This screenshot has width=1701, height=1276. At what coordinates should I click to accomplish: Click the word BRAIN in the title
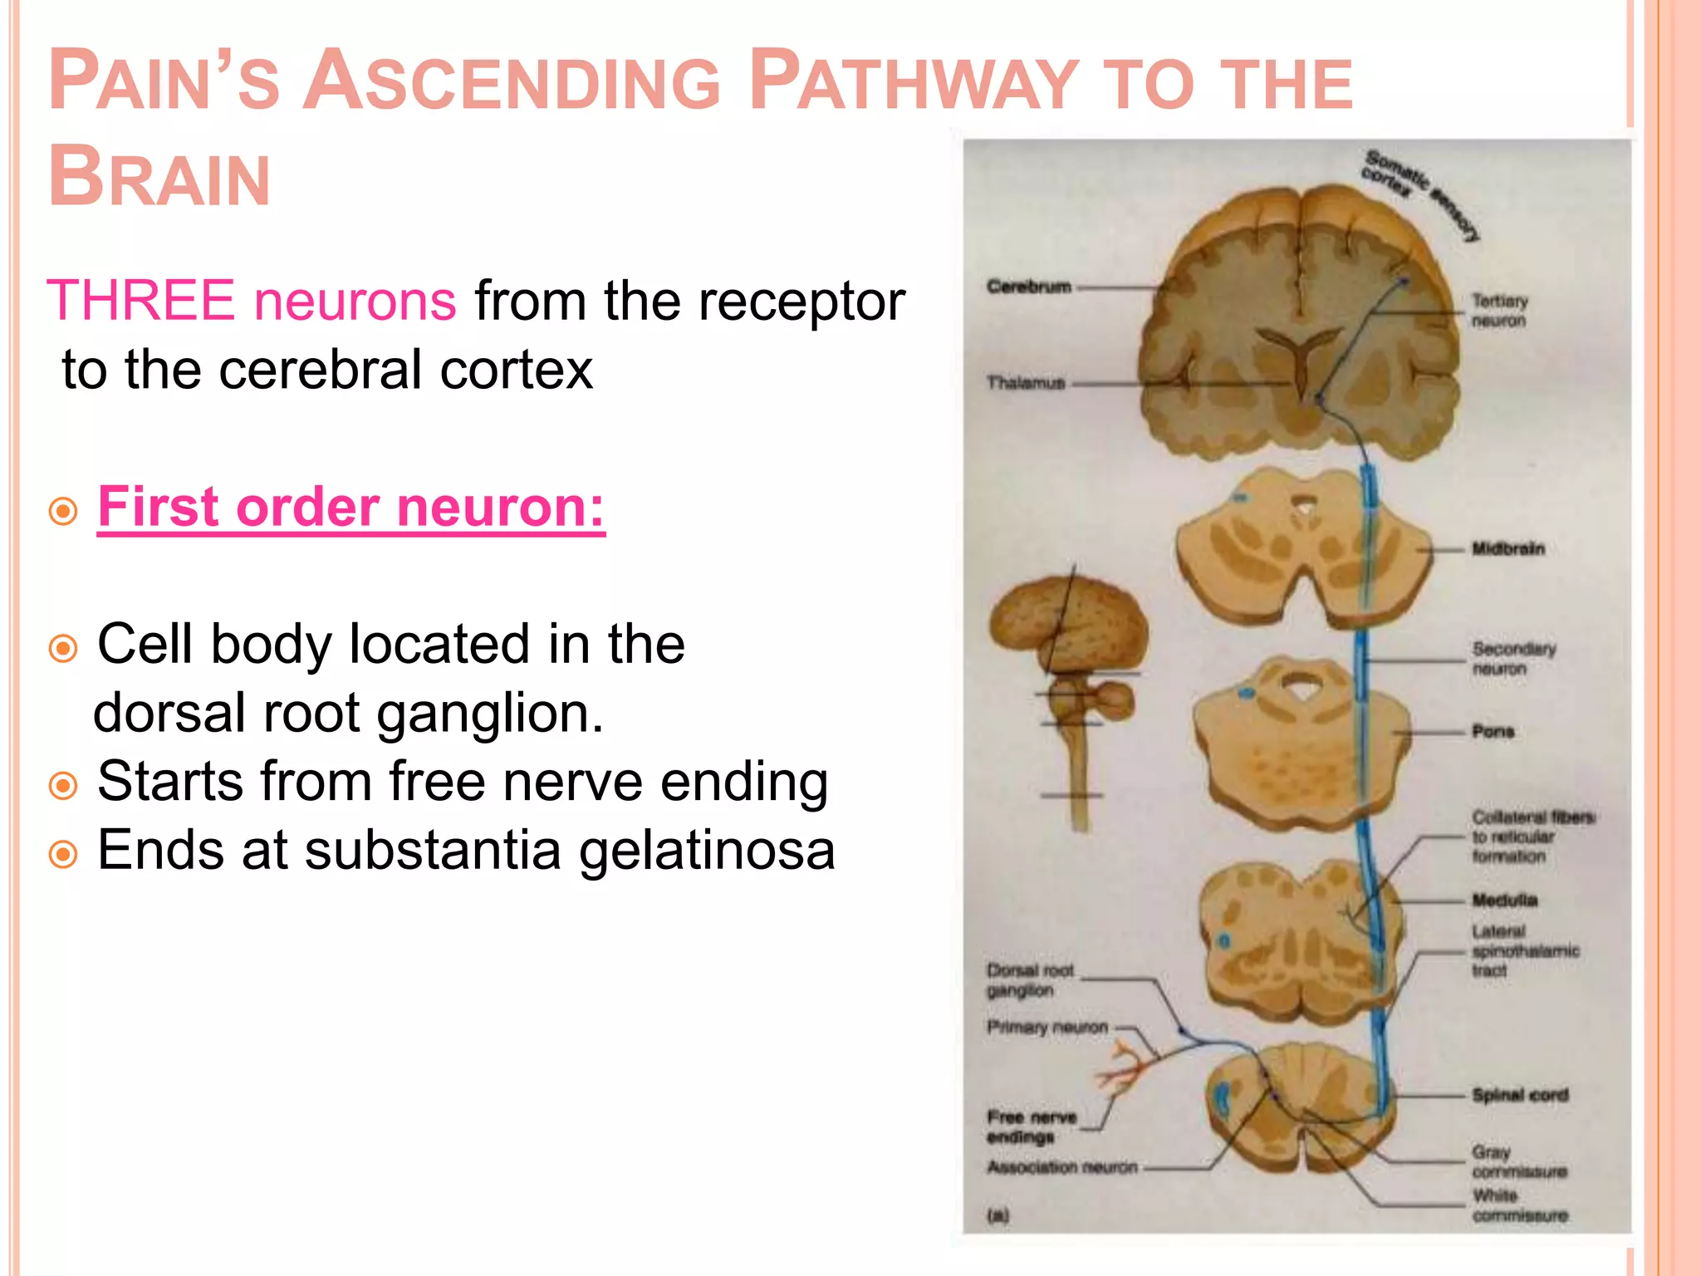point(159,177)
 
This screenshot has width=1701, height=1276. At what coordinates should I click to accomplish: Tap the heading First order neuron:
point(350,507)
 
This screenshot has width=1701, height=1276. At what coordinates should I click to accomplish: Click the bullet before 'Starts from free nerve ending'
point(63,785)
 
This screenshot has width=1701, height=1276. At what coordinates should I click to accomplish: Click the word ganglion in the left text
point(489,714)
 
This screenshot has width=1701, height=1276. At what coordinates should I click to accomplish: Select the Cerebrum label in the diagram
point(1028,287)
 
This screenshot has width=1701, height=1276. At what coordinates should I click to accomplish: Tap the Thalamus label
point(1026,383)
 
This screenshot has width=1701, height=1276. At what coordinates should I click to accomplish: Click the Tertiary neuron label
point(1499,311)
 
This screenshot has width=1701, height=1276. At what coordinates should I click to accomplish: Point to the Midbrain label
point(1507,549)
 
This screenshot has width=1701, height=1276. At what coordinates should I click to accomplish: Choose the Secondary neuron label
point(1513,658)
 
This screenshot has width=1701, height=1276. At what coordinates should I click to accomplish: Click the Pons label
point(1493,732)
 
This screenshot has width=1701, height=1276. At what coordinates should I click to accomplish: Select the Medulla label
point(1504,901)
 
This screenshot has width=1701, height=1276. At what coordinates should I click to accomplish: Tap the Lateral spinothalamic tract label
point(1524,950)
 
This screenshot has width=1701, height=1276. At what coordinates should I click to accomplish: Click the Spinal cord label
point(1520,1095)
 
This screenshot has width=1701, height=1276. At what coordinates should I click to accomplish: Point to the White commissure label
point(1518,1205)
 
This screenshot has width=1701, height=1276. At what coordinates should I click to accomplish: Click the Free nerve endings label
point(1031,1127)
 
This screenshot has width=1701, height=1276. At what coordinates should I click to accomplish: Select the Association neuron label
point(1061,1168)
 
